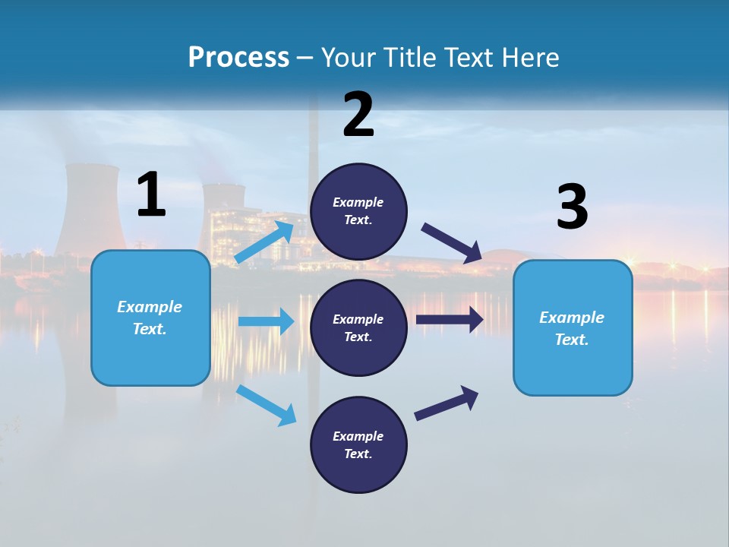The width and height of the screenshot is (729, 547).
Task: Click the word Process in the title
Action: (238, 58)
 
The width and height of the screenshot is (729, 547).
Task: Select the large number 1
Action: (151, 194)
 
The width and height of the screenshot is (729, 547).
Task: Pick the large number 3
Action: (572, 207)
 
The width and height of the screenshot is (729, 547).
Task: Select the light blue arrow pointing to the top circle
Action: (264, 242)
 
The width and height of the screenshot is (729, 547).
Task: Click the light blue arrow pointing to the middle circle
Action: (266, 321)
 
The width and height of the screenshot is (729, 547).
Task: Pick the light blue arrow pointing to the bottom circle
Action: (267, 405)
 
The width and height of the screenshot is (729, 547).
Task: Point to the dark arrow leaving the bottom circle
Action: (447, 403)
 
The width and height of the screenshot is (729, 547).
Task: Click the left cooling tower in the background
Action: (90, 205)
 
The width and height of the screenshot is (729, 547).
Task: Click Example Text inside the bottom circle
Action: (358, 445)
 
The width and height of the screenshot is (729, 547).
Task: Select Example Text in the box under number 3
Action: (572, 328)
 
